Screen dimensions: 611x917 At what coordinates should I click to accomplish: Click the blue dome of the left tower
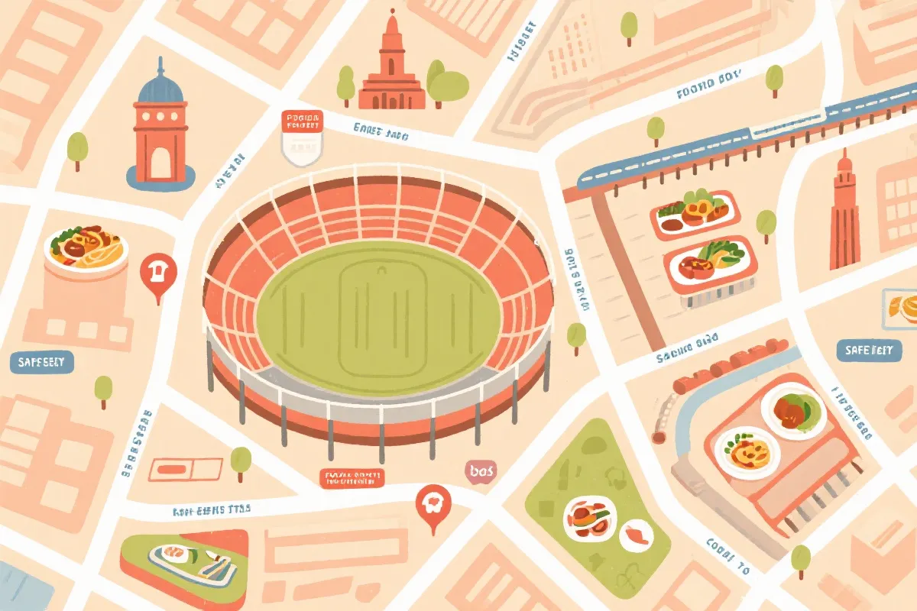point(160,86)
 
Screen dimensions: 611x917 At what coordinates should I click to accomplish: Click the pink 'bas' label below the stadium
point(482,472)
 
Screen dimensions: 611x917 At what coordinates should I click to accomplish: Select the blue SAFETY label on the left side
point(42,360)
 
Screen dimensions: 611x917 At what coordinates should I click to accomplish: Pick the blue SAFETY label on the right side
point(868,351)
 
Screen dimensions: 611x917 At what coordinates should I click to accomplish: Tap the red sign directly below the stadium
point(352,479)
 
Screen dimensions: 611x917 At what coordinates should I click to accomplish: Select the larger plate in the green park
point(589,517)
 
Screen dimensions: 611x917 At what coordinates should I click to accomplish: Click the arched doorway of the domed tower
point(160,163)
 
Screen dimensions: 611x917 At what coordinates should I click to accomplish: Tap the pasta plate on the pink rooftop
point(747,453)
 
